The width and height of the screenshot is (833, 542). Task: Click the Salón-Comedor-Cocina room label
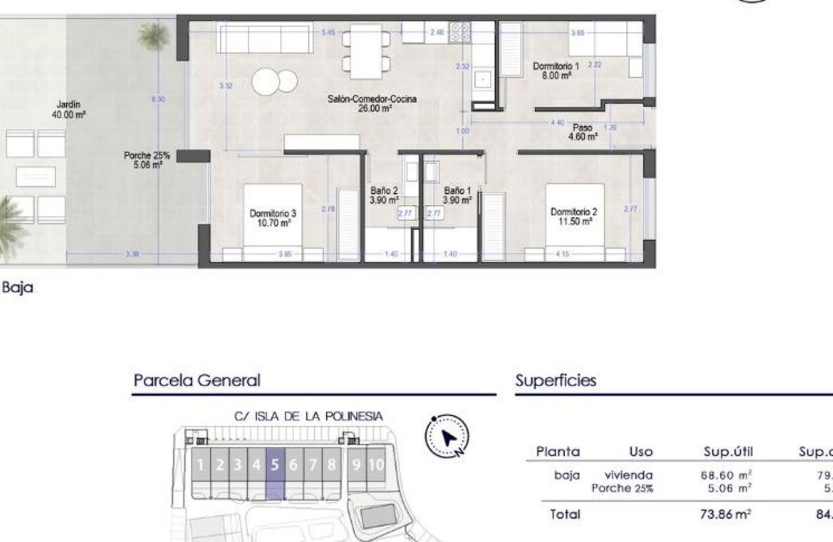372,104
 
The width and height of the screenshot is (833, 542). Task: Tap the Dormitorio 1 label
556,70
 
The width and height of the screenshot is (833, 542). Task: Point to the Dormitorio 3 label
273,217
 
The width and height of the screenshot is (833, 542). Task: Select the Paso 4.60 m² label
582,132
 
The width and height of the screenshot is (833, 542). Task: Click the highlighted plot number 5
275,465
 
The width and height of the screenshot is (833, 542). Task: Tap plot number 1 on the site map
201,465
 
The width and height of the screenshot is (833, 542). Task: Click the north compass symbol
447,437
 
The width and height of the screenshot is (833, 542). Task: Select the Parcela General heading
197,381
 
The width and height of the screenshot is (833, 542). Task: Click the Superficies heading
555,381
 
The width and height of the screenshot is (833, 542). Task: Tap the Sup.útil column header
728,452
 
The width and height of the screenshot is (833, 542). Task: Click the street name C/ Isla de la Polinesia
309,416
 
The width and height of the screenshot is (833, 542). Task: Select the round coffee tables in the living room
274,82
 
